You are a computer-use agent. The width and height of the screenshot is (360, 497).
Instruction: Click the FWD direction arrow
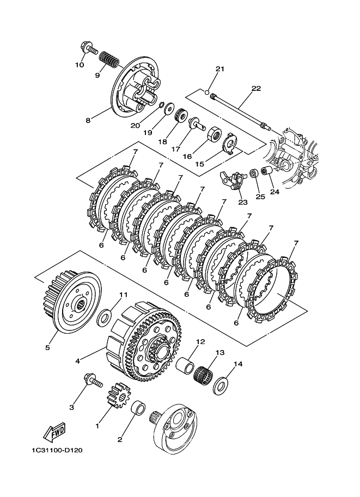55,432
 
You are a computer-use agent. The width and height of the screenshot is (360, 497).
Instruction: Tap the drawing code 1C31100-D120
57,450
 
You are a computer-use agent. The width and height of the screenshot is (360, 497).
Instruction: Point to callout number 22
256,88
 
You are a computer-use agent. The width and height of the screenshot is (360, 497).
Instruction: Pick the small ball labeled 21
206,93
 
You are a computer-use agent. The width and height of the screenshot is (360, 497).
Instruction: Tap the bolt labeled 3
93,381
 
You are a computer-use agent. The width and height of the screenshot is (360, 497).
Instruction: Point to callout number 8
88,120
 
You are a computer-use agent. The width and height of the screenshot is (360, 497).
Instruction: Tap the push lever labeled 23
233,180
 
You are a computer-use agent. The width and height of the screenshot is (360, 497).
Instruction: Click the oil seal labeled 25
253,173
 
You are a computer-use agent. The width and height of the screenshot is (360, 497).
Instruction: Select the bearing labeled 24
267,171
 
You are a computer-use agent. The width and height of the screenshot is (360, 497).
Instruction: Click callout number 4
78,361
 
